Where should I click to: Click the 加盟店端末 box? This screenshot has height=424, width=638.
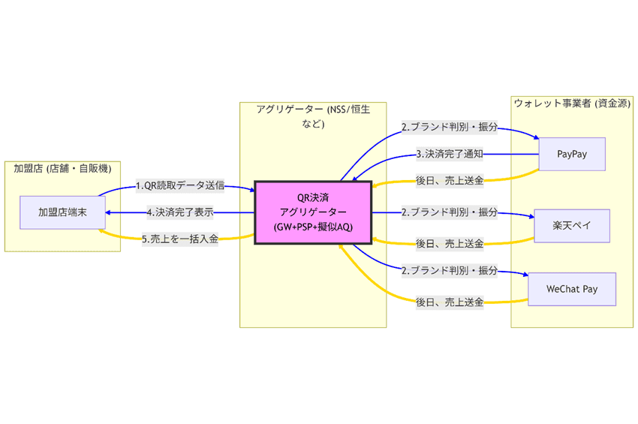coord(62,213)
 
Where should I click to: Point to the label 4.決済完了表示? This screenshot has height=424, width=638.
coord(180,213)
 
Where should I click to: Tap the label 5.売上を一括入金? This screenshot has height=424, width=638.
coord(180,240)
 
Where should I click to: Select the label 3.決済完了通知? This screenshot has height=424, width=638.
coord(449,155)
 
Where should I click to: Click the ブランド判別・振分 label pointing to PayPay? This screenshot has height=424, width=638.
coord(449,127)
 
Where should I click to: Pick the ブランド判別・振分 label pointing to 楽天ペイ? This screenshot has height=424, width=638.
coord(449,213)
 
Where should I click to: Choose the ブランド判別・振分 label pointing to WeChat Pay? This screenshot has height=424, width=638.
coord(449,269)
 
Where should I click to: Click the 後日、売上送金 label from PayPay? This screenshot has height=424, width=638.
coord(449,182)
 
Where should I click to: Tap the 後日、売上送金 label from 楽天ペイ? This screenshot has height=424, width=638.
coord(449,243)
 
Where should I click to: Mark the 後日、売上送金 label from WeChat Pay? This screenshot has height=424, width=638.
coord(449,302)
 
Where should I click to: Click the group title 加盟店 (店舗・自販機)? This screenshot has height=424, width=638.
coord(62,168)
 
